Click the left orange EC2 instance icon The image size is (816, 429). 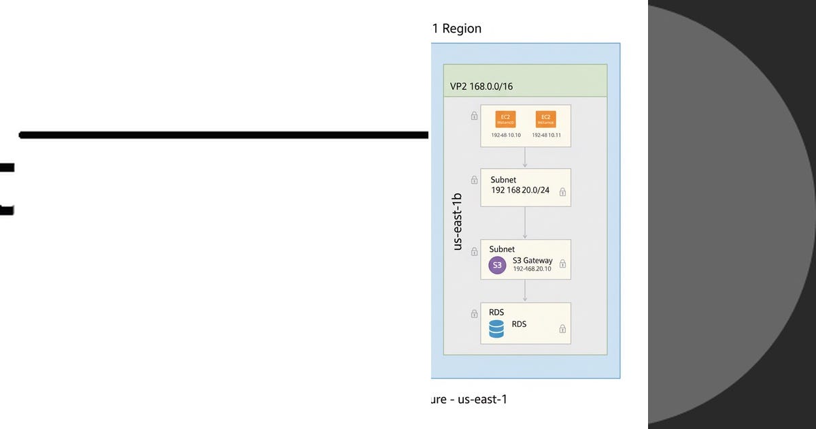505,119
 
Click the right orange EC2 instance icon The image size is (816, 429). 545,119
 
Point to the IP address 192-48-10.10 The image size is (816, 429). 506,136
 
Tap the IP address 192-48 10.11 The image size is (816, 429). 546,136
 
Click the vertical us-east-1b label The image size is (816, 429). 458,221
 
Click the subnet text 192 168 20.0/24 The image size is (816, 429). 520,190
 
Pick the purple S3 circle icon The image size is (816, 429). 498,266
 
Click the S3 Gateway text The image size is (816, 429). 532,261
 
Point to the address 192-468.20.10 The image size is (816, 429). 533,270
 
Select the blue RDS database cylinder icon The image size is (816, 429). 497,330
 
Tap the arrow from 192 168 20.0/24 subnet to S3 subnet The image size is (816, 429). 525,223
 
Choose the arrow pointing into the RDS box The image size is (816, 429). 525,291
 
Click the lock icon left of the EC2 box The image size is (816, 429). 474,116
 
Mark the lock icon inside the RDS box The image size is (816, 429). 562,329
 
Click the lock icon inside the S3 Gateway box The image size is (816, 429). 563,264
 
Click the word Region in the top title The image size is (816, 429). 462,29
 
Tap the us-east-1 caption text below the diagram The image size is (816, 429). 483,399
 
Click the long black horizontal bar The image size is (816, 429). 224,135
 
